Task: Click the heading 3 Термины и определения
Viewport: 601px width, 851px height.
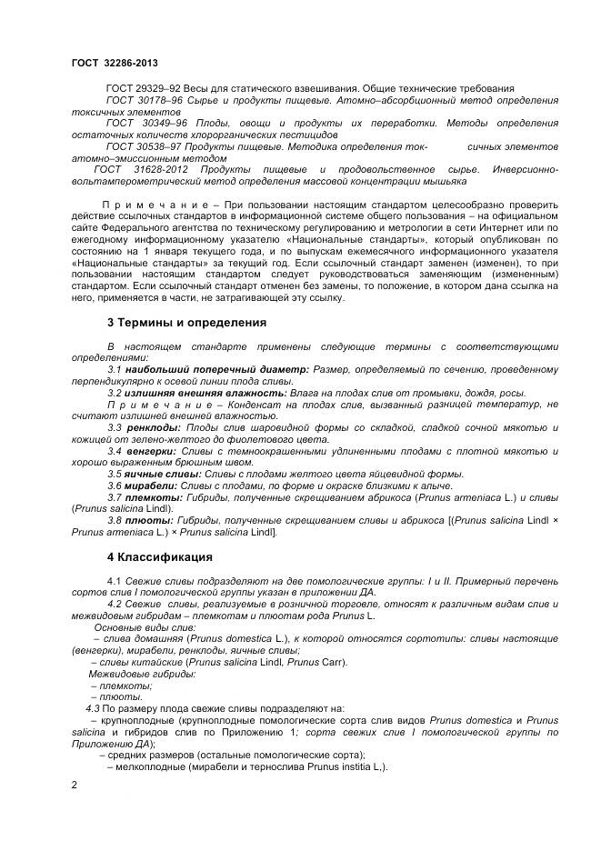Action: pos(186,322)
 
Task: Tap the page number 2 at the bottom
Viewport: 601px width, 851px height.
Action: pos(75,783)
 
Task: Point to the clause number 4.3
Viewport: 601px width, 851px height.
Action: pos(92,708)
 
